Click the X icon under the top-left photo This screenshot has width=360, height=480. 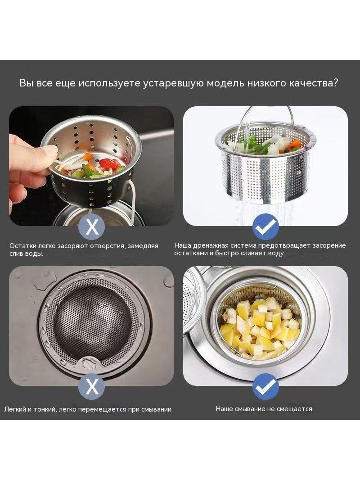tap(92, 227)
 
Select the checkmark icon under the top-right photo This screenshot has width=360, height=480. tap(265, 227)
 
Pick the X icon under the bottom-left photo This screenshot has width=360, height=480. tap(92, 386)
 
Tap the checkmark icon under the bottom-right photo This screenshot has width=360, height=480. tap(265, 386)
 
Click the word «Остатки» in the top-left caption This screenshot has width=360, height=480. tap(23, 246)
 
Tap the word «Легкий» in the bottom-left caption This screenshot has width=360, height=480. tap(15, 409)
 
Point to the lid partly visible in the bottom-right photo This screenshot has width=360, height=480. tap(192, 300)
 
